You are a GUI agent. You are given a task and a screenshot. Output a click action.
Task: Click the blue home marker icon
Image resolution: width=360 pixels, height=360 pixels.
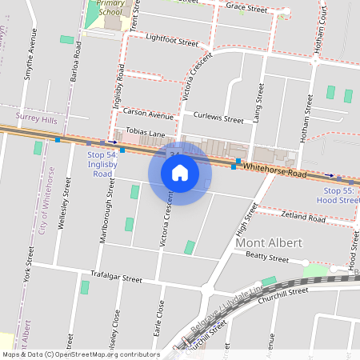coord(180,173)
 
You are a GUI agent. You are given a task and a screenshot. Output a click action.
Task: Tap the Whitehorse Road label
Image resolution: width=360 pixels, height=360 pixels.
coord(274,171)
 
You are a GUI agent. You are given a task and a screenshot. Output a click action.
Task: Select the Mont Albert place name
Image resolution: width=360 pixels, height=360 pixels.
coord(269,242)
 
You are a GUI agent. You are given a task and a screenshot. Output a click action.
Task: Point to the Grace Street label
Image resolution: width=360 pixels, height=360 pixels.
coord(246,8)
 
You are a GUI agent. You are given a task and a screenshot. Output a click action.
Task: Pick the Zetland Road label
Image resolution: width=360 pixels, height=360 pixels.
coord(303,217)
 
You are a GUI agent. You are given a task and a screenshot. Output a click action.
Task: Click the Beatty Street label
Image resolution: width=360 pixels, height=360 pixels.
coord(267,258)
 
